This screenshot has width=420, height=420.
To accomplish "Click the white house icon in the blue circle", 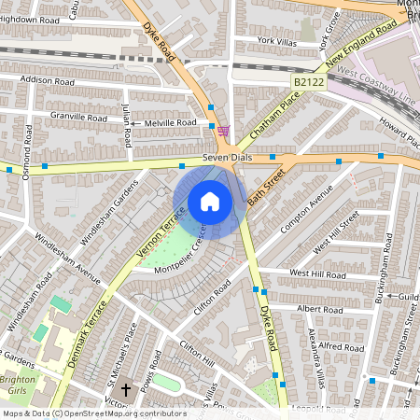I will [x=210, y=202].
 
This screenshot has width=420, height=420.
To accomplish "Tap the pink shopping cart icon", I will [x=223, y=131].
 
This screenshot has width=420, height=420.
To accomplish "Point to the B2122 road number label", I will [x=308, y=83].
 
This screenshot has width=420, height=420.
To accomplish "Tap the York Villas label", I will [x=277, y=41].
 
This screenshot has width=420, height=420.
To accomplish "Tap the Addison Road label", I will [x=46, y=81].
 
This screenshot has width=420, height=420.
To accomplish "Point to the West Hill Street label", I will [x=336, y=233].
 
